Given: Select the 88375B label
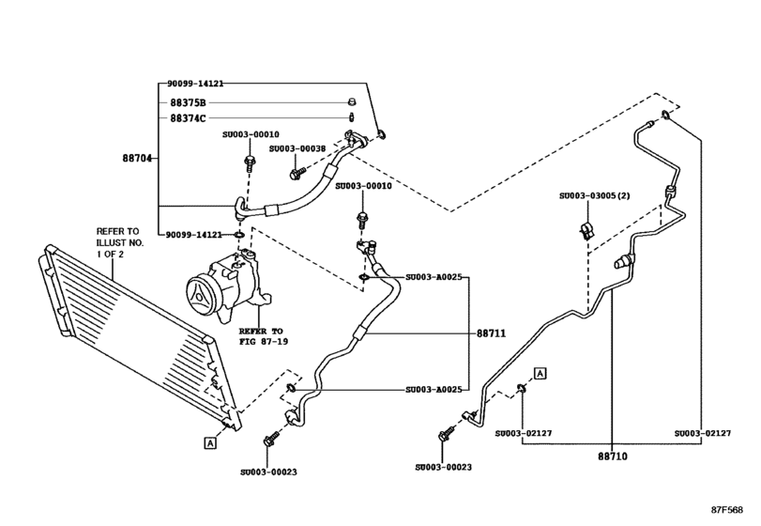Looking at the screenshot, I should coord(190,102).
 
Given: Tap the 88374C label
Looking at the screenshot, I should coord(190,118).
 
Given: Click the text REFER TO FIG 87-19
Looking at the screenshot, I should coord(260,336).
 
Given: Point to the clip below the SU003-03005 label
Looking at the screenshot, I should coord(584,230).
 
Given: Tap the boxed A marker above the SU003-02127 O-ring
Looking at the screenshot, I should coord(540,374).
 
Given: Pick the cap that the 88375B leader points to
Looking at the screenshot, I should coord(351,102).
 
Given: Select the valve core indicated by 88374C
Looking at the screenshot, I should coord(351,118).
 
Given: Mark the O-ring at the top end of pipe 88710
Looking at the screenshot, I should coord(664,116).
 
